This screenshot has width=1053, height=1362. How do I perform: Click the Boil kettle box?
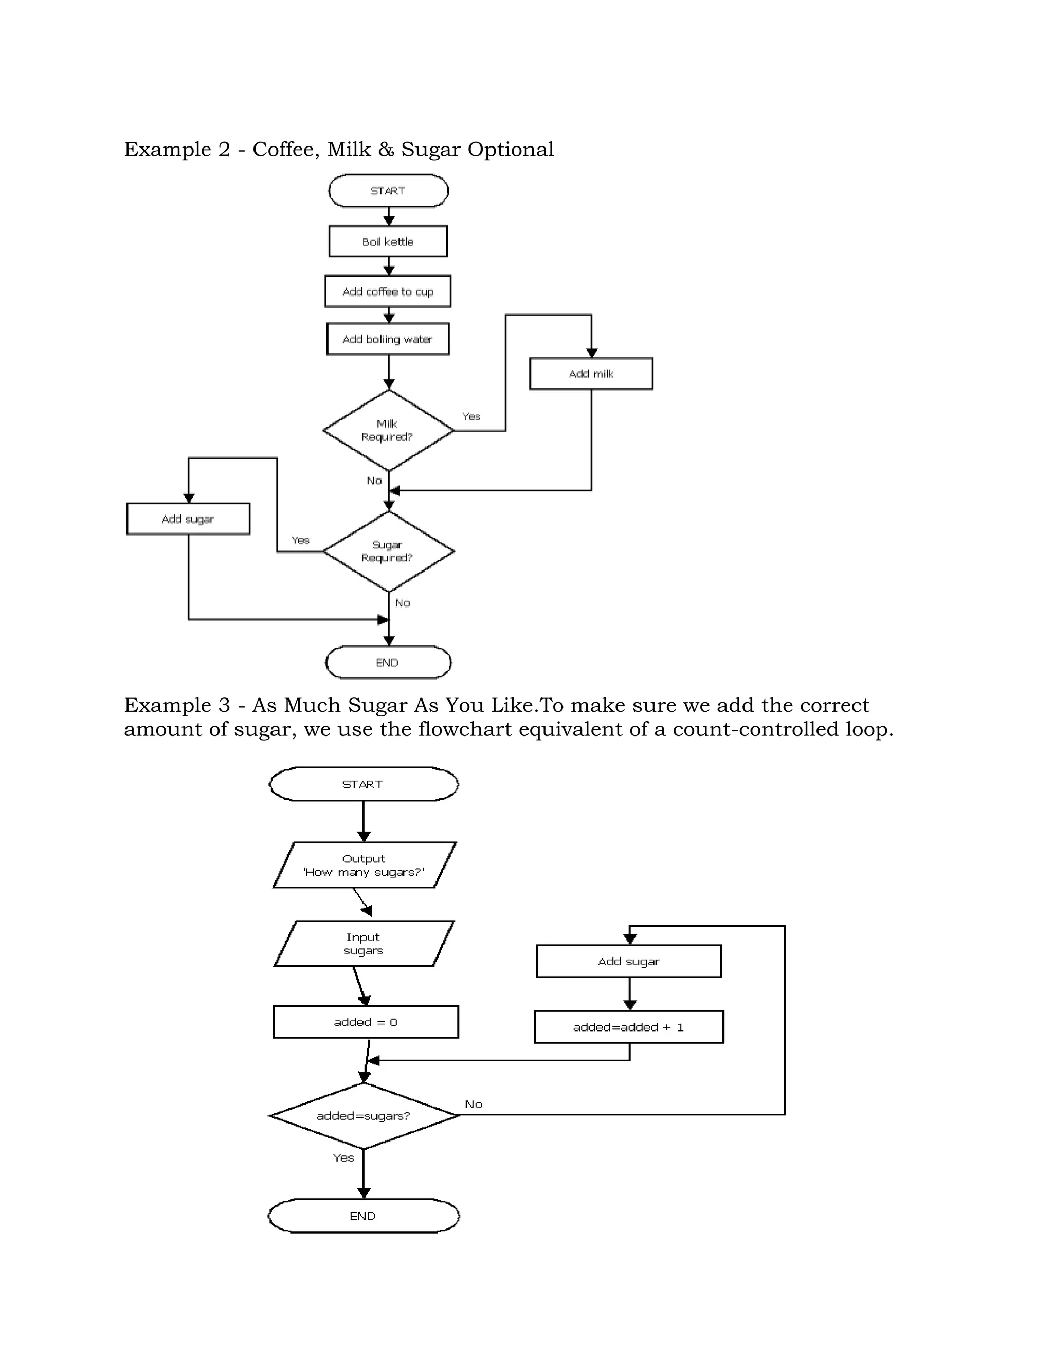coord(388,242)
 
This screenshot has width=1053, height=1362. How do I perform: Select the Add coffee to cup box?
coord(388,291)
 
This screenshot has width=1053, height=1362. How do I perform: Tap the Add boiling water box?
coord(388,339)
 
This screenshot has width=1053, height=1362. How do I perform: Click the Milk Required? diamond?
coord(388,430)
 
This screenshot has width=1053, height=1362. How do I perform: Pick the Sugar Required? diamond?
coord(388,551)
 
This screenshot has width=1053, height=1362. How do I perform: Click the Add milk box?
coord(591,374)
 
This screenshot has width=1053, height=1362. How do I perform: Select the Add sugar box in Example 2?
coord(188,519)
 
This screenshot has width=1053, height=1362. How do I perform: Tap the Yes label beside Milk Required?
coord(471,416)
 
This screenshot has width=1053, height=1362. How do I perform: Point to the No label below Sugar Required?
coord(403,603)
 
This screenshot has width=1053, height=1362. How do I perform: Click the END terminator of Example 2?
coord(388,662)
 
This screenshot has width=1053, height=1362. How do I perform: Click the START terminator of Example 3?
coord(363,784)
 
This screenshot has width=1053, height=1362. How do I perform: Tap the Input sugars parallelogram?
coord(364,944)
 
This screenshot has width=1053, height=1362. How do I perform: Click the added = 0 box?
coord(366,1022)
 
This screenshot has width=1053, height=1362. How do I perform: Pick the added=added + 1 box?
coord(629,1027)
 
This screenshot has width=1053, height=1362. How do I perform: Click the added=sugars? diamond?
coord(364,1116)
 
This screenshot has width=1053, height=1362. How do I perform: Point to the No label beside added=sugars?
coord(474,1105)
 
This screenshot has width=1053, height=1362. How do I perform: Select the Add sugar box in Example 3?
coord(629,961)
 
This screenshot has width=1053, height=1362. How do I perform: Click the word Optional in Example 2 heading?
coord(510,150)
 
